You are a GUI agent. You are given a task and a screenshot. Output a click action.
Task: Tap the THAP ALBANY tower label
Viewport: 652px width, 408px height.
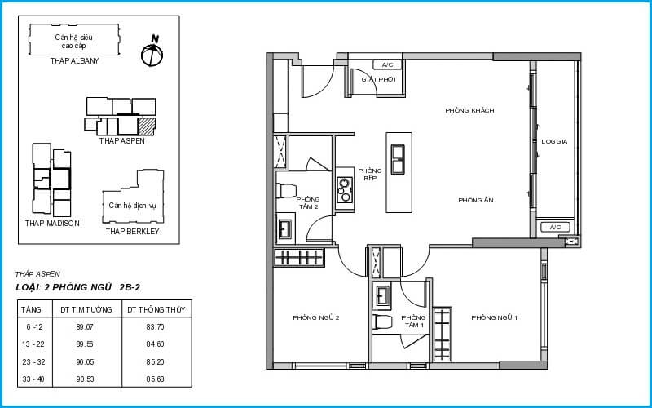coord(75,60)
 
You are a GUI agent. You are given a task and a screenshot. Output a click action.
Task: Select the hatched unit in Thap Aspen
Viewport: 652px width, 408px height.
coord(147,126)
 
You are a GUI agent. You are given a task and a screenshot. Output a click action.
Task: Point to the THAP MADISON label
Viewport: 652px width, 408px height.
coord(52,223)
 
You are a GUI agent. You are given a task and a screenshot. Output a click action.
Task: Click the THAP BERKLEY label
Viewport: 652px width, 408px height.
coord(132,232)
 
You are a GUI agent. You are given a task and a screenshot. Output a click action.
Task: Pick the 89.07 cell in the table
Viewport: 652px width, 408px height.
coord(85,327)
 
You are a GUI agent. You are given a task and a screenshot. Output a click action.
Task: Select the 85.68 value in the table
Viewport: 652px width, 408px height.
coord(155,379)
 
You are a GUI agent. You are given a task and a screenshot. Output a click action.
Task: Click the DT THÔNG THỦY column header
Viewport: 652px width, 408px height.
coord(157,310)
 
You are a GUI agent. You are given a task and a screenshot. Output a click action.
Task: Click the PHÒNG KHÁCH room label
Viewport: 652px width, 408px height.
coord(469,111)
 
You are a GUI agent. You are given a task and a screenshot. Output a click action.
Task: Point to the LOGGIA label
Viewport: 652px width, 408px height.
coord(554,141)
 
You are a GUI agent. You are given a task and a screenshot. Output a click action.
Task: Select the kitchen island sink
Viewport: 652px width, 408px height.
coord(398,159)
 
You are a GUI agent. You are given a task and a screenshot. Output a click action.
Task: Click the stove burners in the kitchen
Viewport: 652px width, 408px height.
coord(344,190)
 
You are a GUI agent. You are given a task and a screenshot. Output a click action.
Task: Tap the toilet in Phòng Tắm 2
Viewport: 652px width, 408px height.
coord(286,191)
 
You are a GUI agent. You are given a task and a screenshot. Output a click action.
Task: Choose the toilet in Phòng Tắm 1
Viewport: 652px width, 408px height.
coord(383,322)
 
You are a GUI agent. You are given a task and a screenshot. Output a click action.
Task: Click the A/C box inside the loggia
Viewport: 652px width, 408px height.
coord(555,228)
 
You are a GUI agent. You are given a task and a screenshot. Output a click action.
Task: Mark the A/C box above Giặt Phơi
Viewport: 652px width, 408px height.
coord(387,65)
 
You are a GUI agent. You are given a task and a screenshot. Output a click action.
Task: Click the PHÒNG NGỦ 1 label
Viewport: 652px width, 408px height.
coord(495,318)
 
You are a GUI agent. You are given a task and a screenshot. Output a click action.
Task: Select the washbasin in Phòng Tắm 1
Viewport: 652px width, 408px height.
coord(382,295)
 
